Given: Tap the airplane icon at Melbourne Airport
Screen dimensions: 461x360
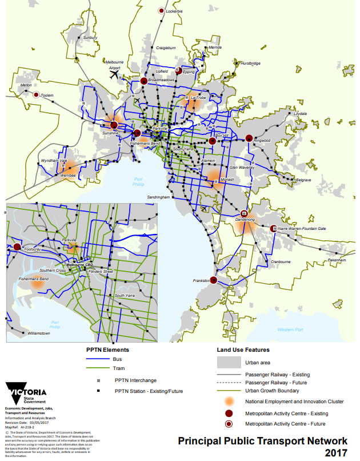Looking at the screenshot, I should [x=114, y=74].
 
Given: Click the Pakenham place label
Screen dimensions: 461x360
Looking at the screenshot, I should [x=337, y=260].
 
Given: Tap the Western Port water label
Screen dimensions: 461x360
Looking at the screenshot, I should [x=290, y=329].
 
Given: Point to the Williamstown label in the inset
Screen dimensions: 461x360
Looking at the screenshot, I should [x=39, y=333].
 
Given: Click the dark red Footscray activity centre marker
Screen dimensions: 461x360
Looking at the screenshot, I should [x=17, y=247].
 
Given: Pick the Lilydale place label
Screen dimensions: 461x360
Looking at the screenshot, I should [x=300, y=114].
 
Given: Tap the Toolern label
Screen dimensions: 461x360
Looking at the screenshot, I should [x=47, y=96].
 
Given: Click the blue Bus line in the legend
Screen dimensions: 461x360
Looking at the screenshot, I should [x=98, y=360].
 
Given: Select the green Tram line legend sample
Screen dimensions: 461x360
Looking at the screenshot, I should [x=98, y=368].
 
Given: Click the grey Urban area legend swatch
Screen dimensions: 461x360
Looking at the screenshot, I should [x=228, y=362].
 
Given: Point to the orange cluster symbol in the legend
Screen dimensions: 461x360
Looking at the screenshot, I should [x=229, y=402].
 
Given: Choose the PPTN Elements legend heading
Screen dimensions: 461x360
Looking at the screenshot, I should [x=107, y=349].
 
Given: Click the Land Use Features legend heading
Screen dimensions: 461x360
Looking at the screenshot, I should [x=243, y=349].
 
